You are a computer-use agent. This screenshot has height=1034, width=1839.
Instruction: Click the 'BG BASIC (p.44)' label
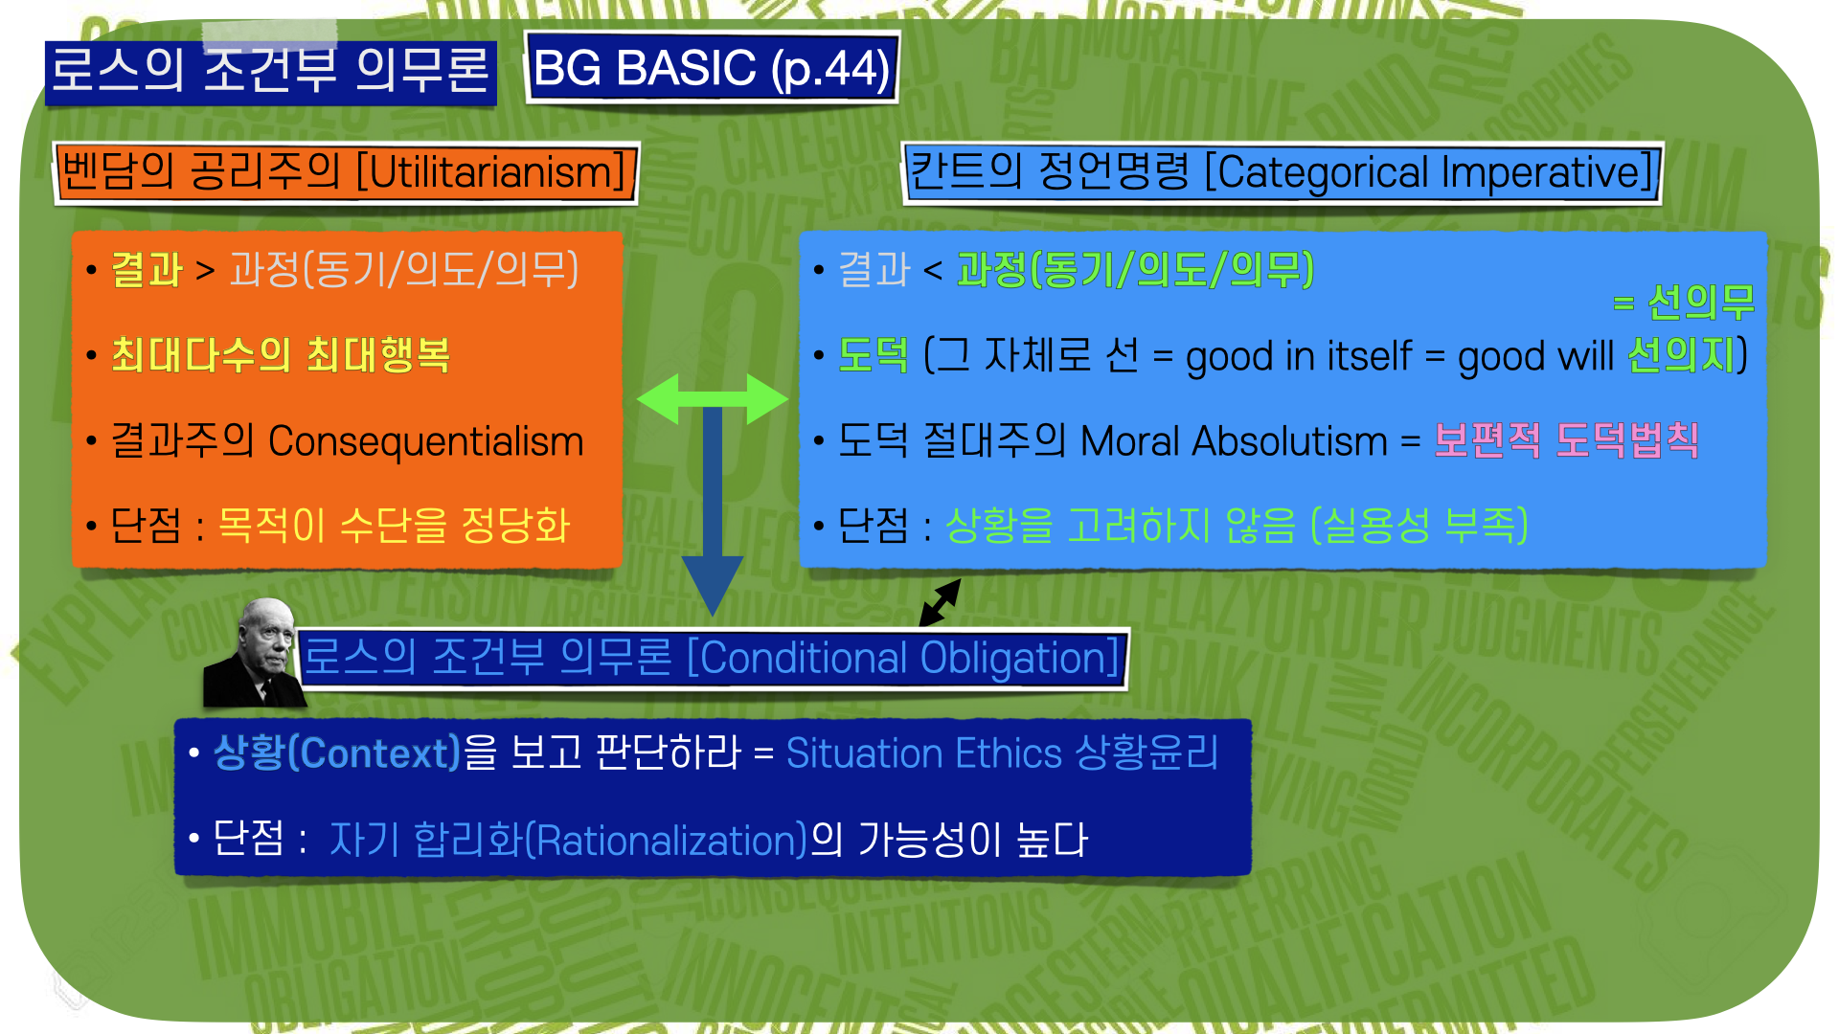[x=712, y=68]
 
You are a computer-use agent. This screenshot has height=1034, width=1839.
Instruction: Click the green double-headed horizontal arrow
[x=712, y=398]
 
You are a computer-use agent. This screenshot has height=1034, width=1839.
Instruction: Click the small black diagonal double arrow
[x=940, y=602]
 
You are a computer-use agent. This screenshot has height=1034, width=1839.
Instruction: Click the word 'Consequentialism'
[x=425, y=441]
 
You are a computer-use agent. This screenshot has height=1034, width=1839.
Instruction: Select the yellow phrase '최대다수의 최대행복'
[x=281, y=355]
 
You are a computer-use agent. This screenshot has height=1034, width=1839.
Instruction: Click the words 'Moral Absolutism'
[x=1234, y=441]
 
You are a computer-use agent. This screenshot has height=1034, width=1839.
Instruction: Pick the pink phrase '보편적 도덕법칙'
[x=1565, y=441]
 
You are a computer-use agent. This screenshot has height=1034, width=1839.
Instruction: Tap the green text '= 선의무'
[x=1683, y=303]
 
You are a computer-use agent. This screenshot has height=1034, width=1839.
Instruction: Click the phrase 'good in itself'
[x=1298, y=356]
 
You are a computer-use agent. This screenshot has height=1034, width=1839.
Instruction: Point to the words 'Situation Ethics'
[x=923, y=753]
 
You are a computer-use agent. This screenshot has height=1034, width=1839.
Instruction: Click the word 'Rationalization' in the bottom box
[x=670, y=841]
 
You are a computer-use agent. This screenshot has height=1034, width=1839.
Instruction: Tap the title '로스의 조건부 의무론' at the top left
[x=270, y=70]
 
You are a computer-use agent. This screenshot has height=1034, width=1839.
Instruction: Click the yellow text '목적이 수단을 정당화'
[x=394, y=526]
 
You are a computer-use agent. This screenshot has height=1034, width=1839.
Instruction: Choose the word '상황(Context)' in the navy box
[x=336, y=753]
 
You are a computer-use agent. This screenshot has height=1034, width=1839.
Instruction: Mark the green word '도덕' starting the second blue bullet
[x=873, y=355]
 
